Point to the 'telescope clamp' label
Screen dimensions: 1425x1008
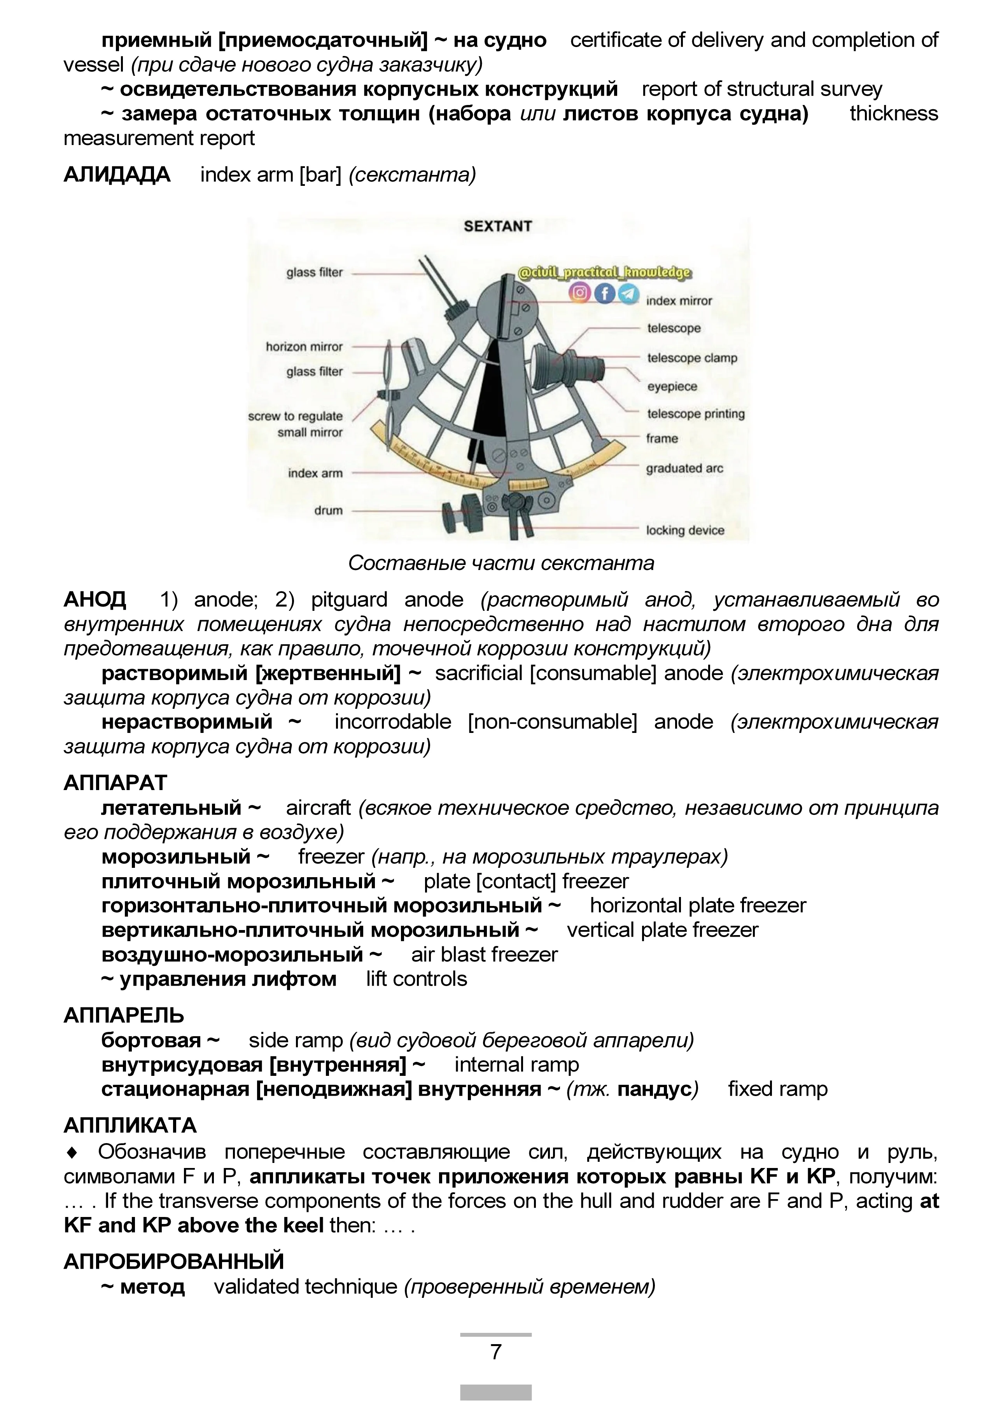click(692, 358)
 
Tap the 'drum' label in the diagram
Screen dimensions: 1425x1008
click(328, 511)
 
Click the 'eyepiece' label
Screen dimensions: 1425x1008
click(672, 386)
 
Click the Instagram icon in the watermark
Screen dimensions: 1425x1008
click(580, 292)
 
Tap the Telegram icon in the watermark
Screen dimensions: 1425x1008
click(628, 293)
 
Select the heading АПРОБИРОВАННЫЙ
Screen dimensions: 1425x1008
click(174, 1261)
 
